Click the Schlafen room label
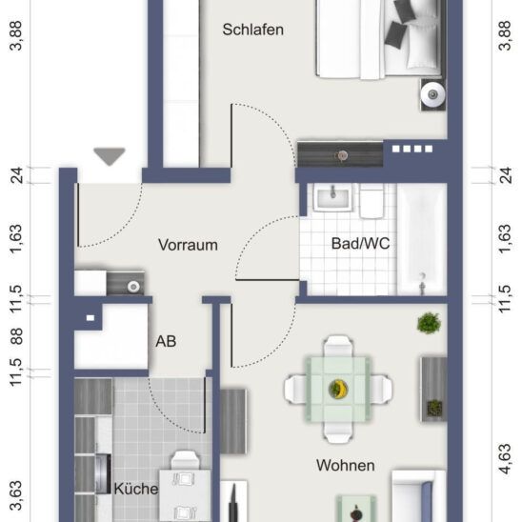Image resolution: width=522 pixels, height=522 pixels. tap(253, 30)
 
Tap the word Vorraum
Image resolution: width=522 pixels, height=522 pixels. tap(188, 245)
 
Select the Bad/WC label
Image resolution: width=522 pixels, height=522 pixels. tap(360, 244)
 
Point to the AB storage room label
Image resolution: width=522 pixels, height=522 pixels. tap(166, 340)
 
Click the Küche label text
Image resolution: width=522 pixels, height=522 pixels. tap(135, 489)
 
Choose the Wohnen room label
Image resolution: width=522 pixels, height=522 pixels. tap(346, 466)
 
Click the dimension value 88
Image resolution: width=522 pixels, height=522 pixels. tap(15, 336)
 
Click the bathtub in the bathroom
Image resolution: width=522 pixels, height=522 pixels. tap(420, 239)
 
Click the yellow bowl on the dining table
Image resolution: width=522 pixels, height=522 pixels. tap(336, 388)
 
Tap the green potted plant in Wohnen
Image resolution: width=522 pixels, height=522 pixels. tap(429, 323)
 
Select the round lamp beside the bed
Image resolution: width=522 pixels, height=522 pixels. tap(432, 93)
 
